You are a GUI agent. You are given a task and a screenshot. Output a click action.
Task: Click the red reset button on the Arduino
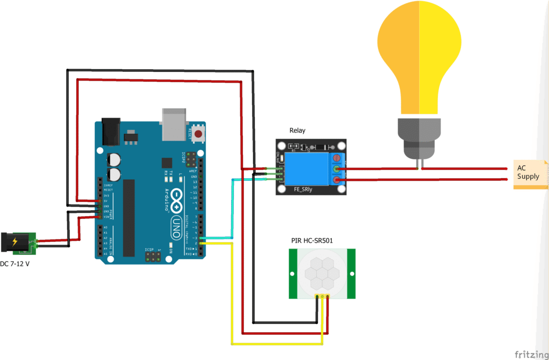198,134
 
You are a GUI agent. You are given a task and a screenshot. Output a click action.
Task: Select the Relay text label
298,130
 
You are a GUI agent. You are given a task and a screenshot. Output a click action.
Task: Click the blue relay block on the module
308,170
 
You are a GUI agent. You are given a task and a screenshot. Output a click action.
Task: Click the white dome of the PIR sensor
320,273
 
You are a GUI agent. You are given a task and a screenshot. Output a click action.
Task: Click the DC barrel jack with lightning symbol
14,243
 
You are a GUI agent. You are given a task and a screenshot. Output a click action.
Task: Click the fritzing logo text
530,354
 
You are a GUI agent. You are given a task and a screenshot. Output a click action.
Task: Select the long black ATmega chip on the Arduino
129,218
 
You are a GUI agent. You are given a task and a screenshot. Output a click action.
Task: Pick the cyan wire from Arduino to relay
232,209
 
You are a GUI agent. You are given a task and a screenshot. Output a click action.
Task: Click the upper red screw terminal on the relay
337,159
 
